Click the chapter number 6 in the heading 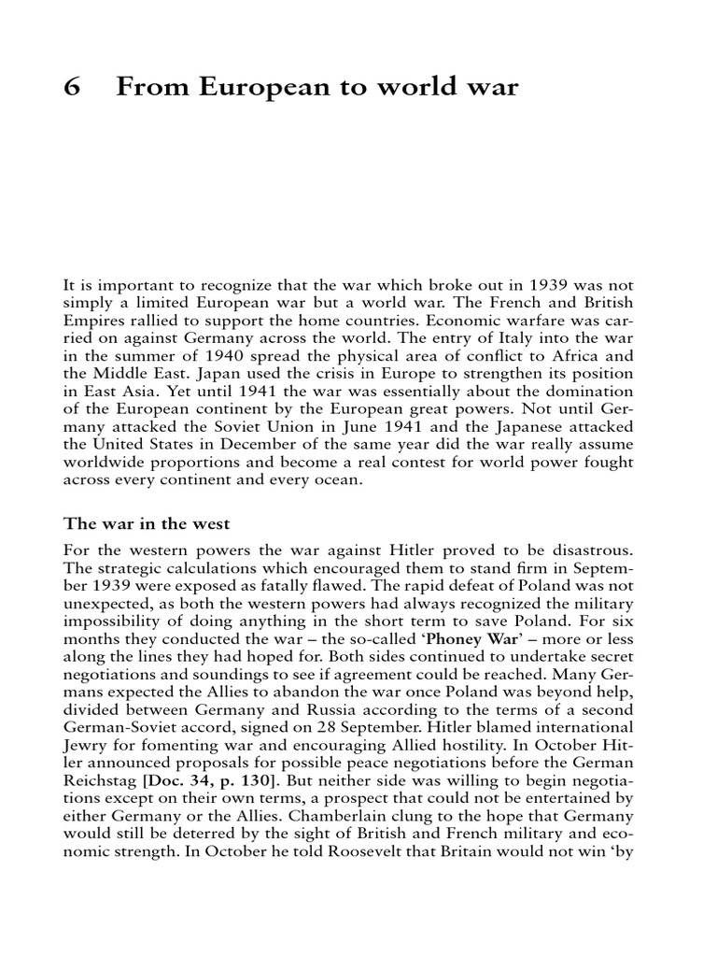point(73,89)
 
